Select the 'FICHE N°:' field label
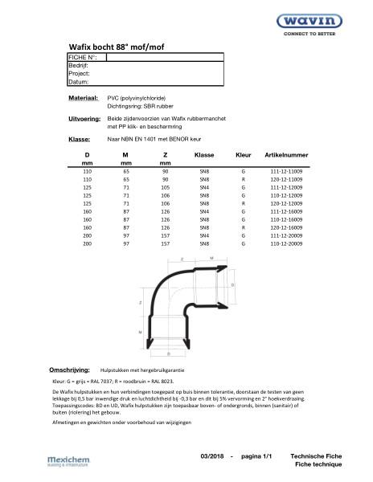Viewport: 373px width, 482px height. click(x=84, y=59)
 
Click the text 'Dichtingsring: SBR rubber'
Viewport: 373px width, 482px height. click(x=141, y=105)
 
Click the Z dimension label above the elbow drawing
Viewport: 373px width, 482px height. click(x=182, y=259)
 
